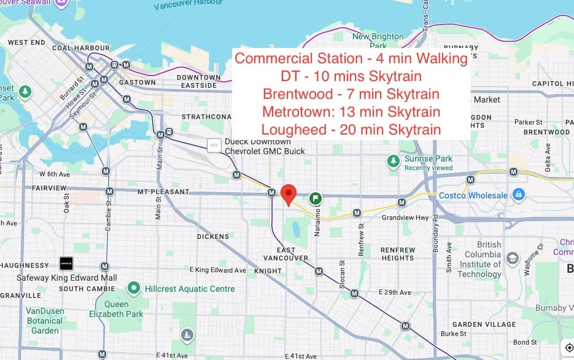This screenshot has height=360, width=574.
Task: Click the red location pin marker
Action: (289, 194)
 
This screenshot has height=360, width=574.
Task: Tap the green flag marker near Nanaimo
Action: (316, 198)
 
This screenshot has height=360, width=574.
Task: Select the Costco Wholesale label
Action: (473, 195)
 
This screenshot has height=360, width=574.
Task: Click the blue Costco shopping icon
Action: (519, 195)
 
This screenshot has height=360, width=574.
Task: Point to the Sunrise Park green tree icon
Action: (394, 161)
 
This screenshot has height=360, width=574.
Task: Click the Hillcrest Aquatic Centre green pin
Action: (133, 288)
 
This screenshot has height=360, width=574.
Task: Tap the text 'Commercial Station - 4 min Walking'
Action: (351, 59)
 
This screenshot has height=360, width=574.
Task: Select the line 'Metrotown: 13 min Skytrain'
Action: (351, 112)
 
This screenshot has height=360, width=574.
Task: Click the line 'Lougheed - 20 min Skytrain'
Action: (351, 130)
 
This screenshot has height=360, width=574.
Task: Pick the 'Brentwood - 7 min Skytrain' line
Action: (351, 94)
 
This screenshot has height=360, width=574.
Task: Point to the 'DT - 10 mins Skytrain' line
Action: (351, 76)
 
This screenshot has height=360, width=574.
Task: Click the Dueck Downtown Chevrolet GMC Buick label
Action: (265, 146)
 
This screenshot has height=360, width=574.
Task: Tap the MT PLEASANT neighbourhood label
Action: (163, 192)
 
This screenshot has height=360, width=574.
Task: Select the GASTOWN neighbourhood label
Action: (138, 82)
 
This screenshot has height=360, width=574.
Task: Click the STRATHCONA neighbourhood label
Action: (206, 116)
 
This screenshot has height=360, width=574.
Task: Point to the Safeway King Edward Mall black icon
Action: (66, 264)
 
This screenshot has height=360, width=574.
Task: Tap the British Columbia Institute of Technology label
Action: (479, 259)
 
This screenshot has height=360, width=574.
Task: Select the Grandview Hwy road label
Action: (405, 217)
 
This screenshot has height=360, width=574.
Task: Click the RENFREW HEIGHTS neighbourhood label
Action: (398, 254)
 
